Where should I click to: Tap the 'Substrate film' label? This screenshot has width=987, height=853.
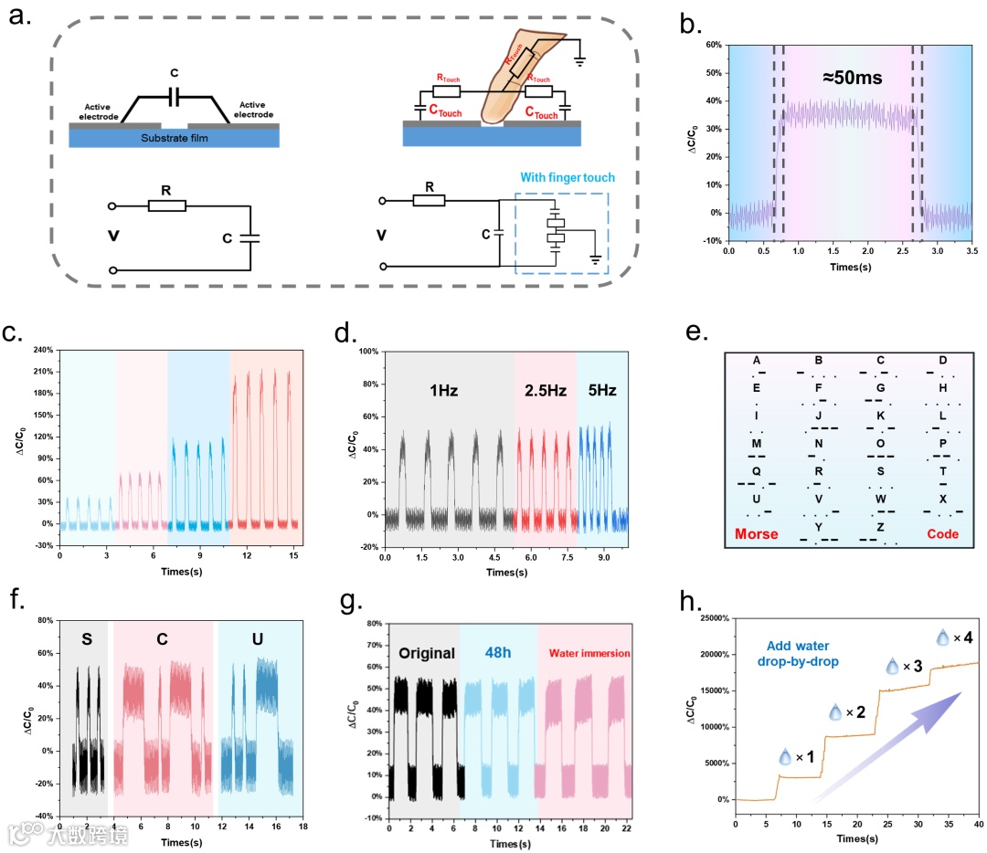point(174,139)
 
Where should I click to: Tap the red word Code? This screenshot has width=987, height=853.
point(942,533)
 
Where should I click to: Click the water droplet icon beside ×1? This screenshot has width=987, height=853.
point(784,757)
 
